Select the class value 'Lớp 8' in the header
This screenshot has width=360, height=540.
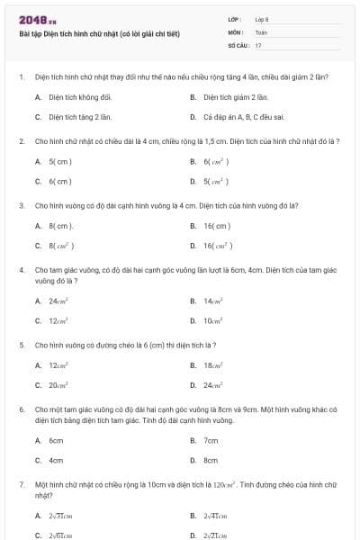click(262, 19)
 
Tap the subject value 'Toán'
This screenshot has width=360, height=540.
click(261, 31)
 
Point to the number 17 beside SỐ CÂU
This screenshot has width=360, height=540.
click(258, 44)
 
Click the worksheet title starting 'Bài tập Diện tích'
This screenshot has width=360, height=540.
click(99, 34)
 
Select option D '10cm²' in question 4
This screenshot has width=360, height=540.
click(213, 320)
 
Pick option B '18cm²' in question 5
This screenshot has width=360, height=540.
click(213, 364)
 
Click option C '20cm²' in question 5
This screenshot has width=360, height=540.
click(59, 384)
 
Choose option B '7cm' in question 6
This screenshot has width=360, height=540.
click(211, 440)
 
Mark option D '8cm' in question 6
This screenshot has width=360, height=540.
click(211, 460)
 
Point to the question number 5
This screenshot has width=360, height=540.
click(21, 345)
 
